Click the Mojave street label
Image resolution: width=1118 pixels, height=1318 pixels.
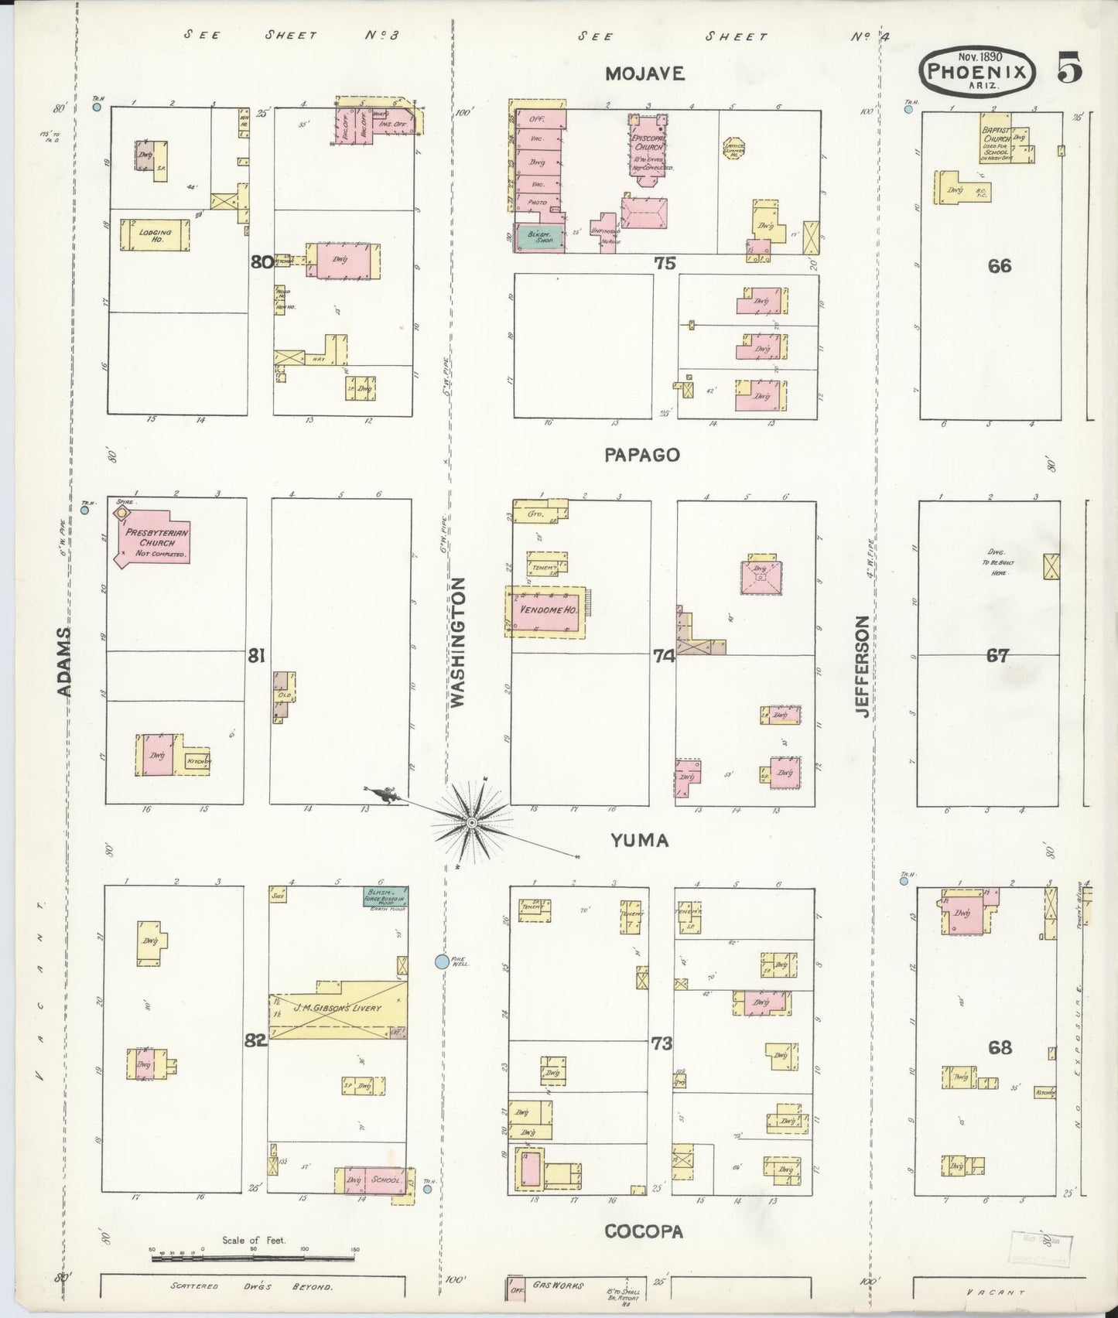pos(644,73)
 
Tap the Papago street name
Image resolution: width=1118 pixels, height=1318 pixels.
pos(642,455)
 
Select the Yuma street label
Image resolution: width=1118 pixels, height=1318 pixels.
pos(639,840)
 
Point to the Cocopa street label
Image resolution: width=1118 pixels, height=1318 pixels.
pos(644,1232)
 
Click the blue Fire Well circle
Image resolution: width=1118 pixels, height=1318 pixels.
pos(442,961)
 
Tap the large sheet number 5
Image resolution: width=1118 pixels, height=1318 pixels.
pos(1070,70)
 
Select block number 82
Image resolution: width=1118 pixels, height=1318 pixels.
pos(256,1041)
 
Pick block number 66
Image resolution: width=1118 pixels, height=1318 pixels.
pos(999,265)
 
